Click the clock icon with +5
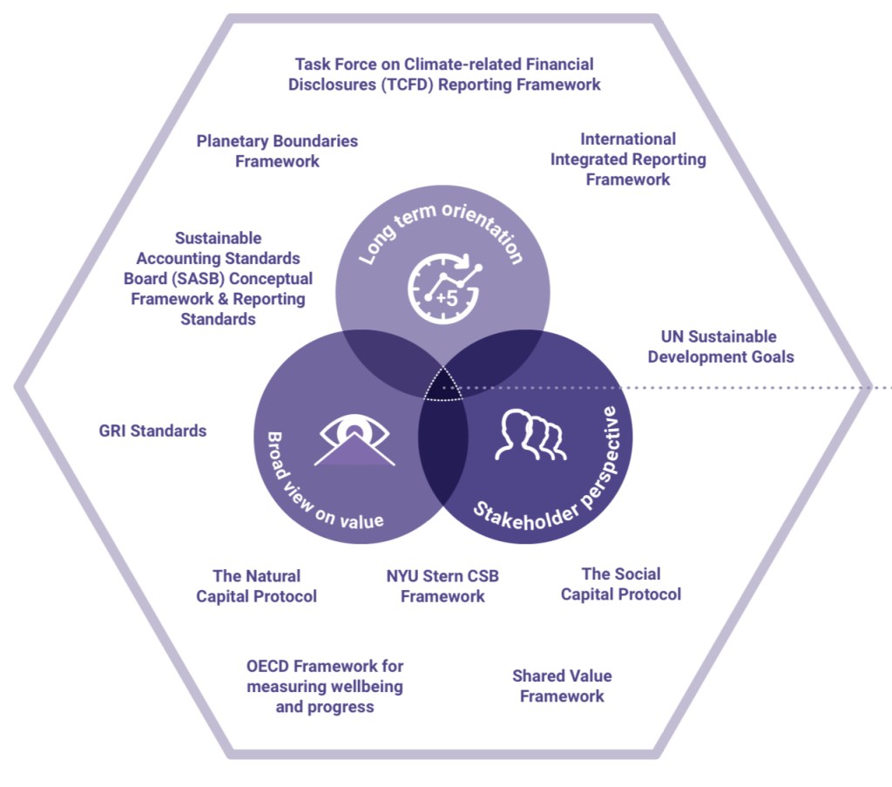(443, 287)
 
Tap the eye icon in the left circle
(354, 439)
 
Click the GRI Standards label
(152, 431)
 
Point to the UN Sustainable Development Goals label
(720, 347)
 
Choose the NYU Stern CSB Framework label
(443, 587)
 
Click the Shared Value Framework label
(562, 686)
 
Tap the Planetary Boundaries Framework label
(277, 151)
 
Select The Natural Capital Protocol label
(256, 587)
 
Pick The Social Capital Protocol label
(620, 584)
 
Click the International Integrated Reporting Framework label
(628, 159)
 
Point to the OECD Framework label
(325, 687)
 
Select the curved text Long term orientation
(441, 231)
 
